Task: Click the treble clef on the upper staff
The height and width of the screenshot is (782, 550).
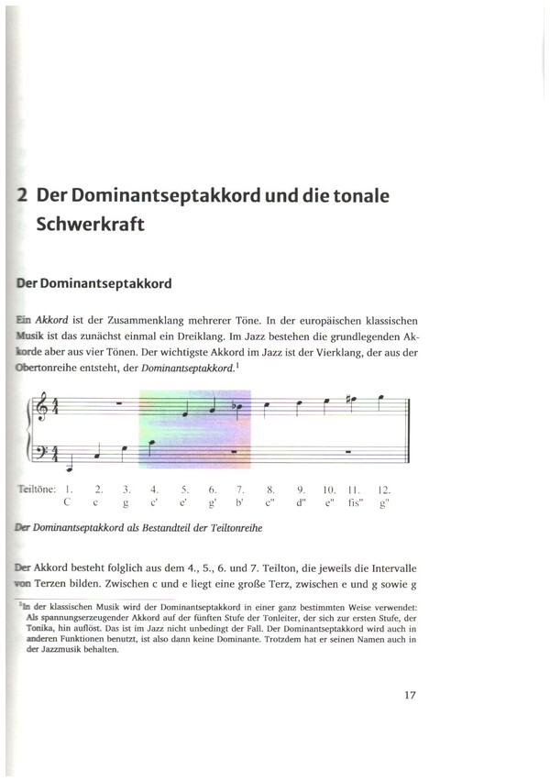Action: pos(41,407)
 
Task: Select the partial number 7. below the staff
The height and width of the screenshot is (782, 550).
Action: pos(240,490)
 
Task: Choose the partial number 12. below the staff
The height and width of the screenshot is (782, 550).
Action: pos(386,490)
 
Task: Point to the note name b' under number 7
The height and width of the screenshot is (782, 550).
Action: pos(240,503)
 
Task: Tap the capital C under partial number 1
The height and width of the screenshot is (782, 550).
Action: pos(68,503)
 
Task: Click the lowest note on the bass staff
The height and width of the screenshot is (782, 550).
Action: pos(69,457)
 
